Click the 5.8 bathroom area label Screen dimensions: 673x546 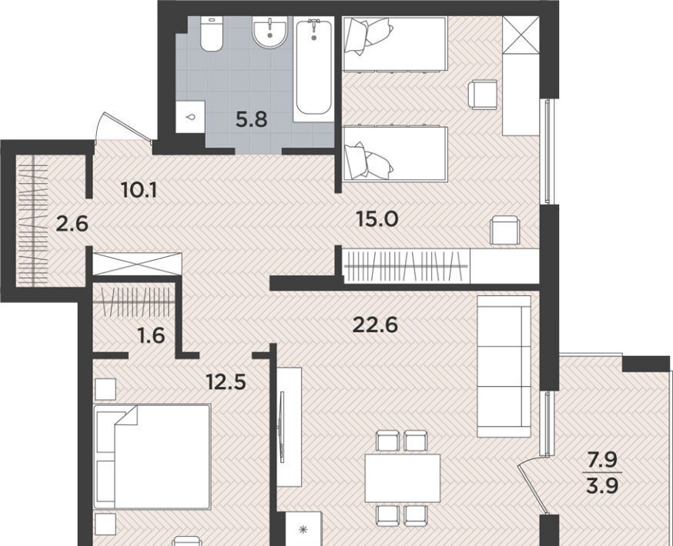tap(252, 119)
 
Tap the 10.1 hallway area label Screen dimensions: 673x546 tap(139, 189)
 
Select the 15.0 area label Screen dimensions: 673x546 tap(377, 219)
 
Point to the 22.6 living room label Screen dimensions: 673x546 tap(375, 325)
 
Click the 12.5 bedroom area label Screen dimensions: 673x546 tap(226, 381)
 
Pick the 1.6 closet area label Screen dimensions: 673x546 tap(152, 335)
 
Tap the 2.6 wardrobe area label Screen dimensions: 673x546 tap(72, 224)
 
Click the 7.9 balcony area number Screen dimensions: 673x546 tap(602, 461)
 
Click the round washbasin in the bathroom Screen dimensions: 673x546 tap(270, 32)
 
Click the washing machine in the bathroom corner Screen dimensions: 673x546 tap(190, 117)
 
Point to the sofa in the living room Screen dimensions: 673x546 tap(504, 366)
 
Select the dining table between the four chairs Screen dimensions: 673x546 tap(403, 478)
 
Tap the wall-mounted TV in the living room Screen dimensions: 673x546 tap(282, 427)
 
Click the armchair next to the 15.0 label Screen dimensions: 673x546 tap(505, 231)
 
